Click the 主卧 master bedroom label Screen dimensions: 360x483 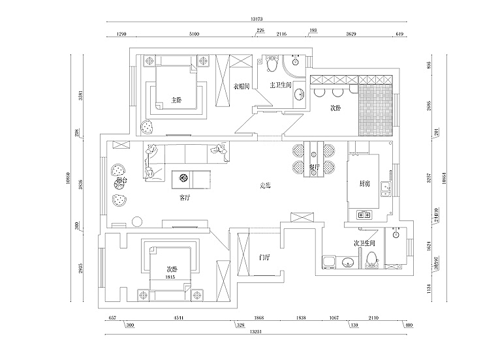coord(176,100)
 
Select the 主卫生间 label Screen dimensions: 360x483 coord(285,85)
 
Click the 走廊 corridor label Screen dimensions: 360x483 coord(265,186)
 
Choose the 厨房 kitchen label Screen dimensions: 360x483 coord(365,185)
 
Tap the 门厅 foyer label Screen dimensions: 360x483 coord(264,257)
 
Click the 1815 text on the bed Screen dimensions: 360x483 coord(171,277)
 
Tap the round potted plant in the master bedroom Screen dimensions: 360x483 coord(148,125)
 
